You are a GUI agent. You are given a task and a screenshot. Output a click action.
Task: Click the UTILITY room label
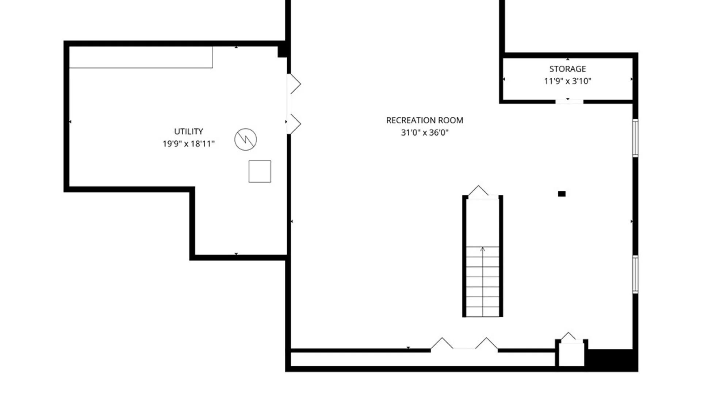[188, 131]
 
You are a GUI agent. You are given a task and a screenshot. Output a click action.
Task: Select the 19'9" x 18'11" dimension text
[188, 144]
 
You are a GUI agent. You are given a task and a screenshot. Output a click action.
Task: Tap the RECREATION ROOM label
[425, 120]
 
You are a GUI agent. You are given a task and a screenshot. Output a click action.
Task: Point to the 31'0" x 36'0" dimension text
[425, 132]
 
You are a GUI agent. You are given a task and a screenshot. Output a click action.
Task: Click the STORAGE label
[567, 69]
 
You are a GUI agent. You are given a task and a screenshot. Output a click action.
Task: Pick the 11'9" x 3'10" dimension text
[567, 81]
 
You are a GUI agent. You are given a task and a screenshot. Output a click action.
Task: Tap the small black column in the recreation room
[562, 194]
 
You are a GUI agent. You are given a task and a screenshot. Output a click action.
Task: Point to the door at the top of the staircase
[479, 192]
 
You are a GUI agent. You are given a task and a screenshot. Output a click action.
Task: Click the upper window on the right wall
[635, 138]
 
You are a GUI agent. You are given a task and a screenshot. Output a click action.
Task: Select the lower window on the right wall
[635, 274]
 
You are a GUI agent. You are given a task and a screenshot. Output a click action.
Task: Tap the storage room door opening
[569, 101]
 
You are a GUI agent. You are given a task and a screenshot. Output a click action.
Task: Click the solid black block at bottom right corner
[612, 360]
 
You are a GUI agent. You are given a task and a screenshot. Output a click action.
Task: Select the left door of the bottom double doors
[442, 343]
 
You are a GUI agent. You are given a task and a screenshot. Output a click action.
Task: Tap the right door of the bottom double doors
[486, 343]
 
